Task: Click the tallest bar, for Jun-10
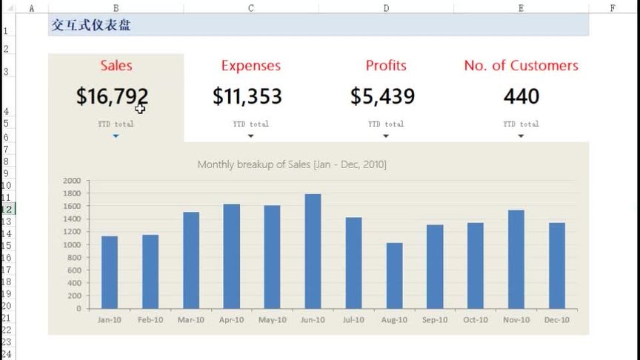pyautogui.click(x=313, y=251)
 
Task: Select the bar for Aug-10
pyautogui.click(x=394, y=276)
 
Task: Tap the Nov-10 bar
pyautogui.click(x=516, y=259)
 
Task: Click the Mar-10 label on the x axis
pyautogui.click(x=190, y=320)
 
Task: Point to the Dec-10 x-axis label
pyautogui.click(x=557, y=320)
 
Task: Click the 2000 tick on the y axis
pyautogui.click(x=72, y=181)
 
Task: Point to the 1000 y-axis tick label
pyautogui.click(x=72, y=244)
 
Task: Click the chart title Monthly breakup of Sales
pyautogui.click(x=291, y=164)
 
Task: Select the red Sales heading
pyautogui.click(x=116, y=66)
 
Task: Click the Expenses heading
pyautogui.click(x=251, y=66)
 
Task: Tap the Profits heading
pyautogui.click(x=386, y=66)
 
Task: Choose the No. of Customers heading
pyautogui.click(x=521, y=66)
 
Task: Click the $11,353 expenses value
pyautogui.click(x=247, y=96)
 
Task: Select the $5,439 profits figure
pyautogui.click(x=382, y=96)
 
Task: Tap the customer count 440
pyautogui.click(x=521, y=96)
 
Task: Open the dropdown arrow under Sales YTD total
pyautogui.click(x=116, y=136)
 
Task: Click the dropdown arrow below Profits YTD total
pyautogui.click(x=386, y=136)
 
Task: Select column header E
pyautogui.click(x=521, y=8)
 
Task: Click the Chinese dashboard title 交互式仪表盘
pyautogui.click(x=91, y=25)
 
